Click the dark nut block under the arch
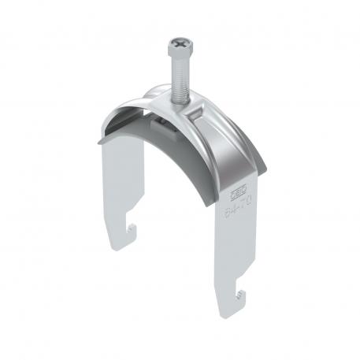(161, 127)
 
